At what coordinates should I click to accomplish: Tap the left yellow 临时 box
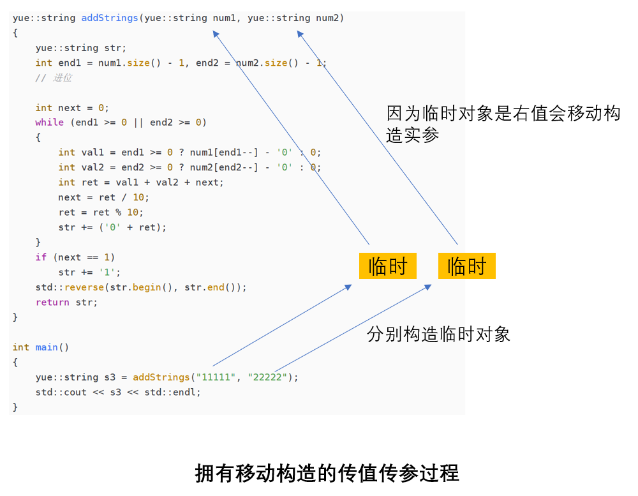[x=387, y=266]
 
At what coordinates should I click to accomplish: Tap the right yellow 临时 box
[x=466, y=266]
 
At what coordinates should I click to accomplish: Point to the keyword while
[x=49, y=123]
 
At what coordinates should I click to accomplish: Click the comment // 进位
[x=54, y=78]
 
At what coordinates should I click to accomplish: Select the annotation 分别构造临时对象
[x=438, y=334]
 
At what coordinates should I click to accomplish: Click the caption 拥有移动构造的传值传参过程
[x=327, y=474]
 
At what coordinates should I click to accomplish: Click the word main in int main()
[x=47, y=347]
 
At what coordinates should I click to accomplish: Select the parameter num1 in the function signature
[x=223, y=18]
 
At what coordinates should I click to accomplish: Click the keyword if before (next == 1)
[x=41, y=257]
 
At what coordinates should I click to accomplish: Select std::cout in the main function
[x=61, y=392]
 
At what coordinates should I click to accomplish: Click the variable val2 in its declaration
[x=93, y=167]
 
